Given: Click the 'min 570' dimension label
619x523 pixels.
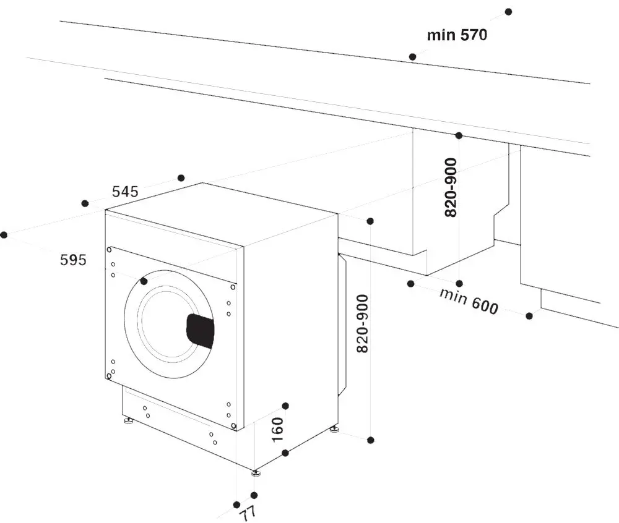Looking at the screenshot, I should click(457, 35).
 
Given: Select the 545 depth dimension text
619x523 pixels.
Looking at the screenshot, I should click(125, 192).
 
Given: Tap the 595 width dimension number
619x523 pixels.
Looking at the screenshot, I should click(73, 260).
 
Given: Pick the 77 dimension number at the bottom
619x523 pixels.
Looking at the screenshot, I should click(246, 512).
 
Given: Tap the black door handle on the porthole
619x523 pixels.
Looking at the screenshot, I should click(200, 331).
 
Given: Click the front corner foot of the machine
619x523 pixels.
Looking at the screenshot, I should click(256, 474).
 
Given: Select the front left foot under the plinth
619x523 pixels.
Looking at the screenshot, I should click(129, 422).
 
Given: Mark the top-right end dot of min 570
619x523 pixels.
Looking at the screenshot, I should click(509, 12).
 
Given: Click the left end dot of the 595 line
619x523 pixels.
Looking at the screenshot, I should click(4, 234).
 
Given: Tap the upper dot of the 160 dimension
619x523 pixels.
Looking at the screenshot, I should click(285, 406).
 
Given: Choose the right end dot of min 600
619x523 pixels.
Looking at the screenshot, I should click(529, 316).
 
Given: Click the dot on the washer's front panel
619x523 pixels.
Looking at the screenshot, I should click(144, 281).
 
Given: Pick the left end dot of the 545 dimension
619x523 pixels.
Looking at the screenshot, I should click(85, 203).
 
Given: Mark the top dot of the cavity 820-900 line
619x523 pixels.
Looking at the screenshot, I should click(459, 135).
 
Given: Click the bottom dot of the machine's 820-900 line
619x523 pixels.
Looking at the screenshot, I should click(370, 440).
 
